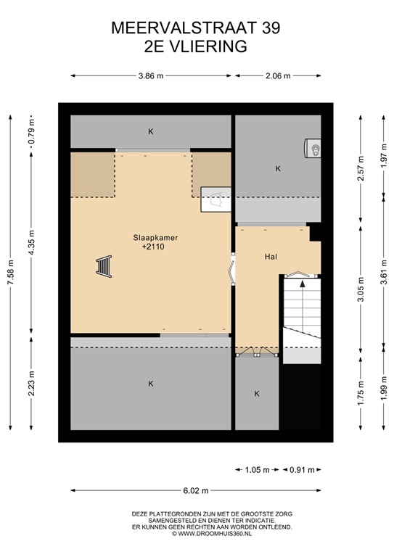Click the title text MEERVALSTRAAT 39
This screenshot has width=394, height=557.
pyautogui.click(x=196, y=28)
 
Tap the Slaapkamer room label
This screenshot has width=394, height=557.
pyautogui.click(x=155, y=237)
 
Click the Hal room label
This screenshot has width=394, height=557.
pyautogui.click(x=271, y=256)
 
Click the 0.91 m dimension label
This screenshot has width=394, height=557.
pyautogui.click(x=300, y=470)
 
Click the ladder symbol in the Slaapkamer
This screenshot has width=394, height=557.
pyautogui.click(x=104, y=268)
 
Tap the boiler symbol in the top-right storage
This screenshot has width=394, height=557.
pyautogui.click(x=313, y=148)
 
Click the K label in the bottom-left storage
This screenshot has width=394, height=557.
pyautogui.click(x=151, y=383)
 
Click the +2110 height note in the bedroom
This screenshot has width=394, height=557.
pyautogui.click(x=155, y=247)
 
